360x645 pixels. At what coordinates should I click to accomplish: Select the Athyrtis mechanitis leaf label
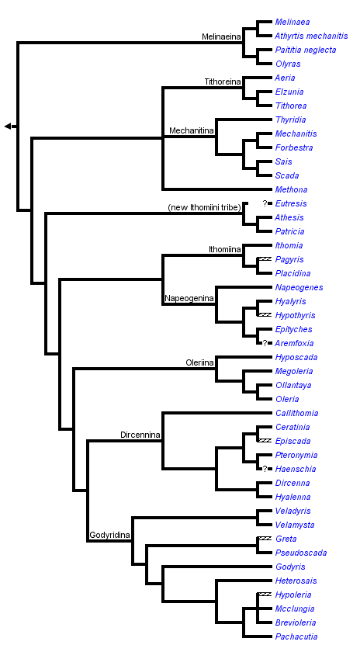[x=311, y=36]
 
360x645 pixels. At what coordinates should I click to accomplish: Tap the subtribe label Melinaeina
[x=222, y=36]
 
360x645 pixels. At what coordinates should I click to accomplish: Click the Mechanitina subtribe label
[x=192, y=131]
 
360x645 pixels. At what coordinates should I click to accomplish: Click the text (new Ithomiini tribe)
[x=202, y=207]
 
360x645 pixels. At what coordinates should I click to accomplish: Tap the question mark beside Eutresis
[x=265, y=203]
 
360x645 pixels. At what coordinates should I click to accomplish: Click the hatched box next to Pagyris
[x=265, y=259]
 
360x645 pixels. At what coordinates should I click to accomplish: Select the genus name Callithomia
[x=296, y=413]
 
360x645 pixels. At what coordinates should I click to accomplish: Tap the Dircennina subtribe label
[x=140, y=435]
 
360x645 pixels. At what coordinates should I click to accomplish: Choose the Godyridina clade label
[x=109, y=536]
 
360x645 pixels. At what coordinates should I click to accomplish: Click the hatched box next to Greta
[x=265, y=539]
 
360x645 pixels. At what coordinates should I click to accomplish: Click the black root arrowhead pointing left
[x=8, y=127]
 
